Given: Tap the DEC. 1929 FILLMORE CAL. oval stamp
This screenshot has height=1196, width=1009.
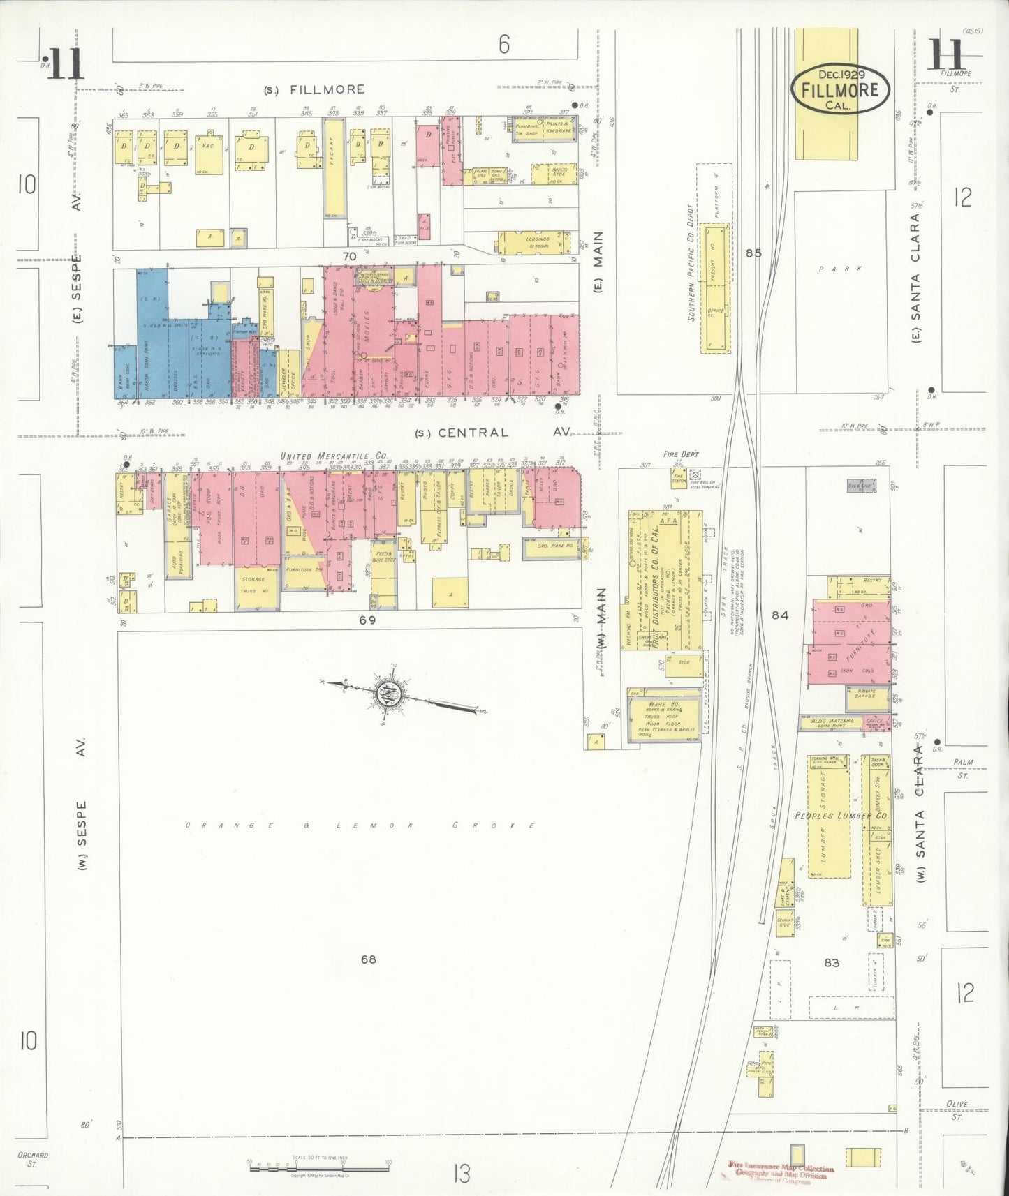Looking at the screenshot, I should click(x=840, y=90).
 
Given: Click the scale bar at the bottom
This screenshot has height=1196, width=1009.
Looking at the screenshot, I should click(x=319, y=1167).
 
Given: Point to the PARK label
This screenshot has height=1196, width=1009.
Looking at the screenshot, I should click(x=841, y=269).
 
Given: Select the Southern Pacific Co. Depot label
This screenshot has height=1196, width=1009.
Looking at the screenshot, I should click(x=691, y=262).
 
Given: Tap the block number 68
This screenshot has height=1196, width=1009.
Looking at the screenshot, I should click(x=368, y=959).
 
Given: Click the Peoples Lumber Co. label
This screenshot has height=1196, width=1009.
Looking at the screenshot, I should click(x=841, y=815).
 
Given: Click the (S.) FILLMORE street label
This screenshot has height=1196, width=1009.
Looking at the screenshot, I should click(x=314, y=89).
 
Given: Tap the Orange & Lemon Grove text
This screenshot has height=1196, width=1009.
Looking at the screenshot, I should click(x=360, y=825).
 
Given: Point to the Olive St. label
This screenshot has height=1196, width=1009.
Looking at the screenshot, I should click(x=957, y=1110).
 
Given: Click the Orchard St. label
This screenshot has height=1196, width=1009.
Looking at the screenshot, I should click(x=32, y=1159).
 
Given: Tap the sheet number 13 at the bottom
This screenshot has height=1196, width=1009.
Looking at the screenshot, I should click(x=461, y=1174).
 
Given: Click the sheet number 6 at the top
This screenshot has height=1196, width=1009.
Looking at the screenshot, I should click(x=504, y=45).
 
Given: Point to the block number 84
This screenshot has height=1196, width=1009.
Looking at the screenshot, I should click(x=780, y=615).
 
